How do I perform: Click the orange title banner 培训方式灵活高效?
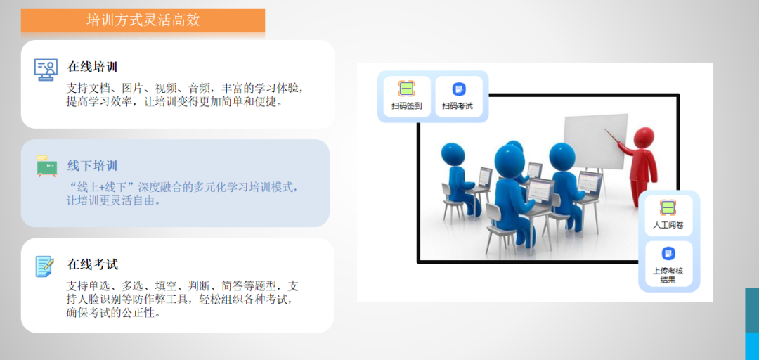click(143, 20)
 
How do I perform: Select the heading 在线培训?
click(93, 66)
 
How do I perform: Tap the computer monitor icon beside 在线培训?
click(46, 70)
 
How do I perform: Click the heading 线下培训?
click(93, 166)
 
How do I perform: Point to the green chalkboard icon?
click(46, 166)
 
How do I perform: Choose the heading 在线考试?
click(93, 264)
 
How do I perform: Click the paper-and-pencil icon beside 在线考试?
click(44, 266)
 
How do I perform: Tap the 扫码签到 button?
click(407, 96)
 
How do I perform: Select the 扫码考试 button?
click(458, 96)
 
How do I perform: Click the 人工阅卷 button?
click(668, 215)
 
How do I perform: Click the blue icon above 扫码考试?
click(458, 89)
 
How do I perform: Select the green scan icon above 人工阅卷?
click(668, 207)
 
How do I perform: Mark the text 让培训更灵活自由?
click(113, 200)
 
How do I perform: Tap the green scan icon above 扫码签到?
click(407, 89)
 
